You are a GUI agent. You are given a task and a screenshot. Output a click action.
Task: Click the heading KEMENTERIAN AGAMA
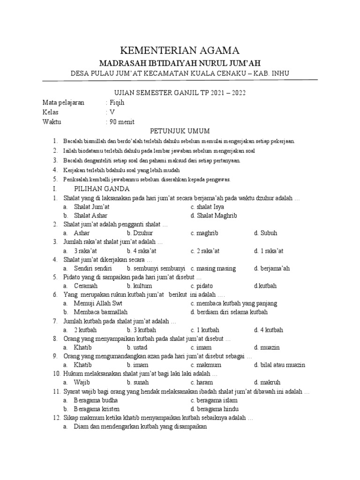[180, 51]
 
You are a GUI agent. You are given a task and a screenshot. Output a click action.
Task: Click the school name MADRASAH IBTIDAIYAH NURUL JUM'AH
[180, 63]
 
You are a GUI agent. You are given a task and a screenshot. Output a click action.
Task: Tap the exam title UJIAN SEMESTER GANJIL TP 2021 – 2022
[180, 93]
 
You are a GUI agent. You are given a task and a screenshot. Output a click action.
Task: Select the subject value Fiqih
[117, 103]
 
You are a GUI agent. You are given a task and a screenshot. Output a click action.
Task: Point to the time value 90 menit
[121, 122]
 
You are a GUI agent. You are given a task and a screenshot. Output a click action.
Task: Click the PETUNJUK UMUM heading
[180, 131]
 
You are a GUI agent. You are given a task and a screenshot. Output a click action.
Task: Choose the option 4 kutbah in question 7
[269, 330]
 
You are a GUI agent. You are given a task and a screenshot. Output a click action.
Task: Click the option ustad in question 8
[137, 347]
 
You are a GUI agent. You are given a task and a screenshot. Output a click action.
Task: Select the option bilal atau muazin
[279, 365]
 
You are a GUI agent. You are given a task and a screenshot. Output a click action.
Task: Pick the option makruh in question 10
[266, 382]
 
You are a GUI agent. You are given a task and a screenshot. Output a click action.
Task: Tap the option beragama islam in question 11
[214, 400]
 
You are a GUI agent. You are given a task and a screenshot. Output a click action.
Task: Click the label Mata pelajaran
[63, 103]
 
